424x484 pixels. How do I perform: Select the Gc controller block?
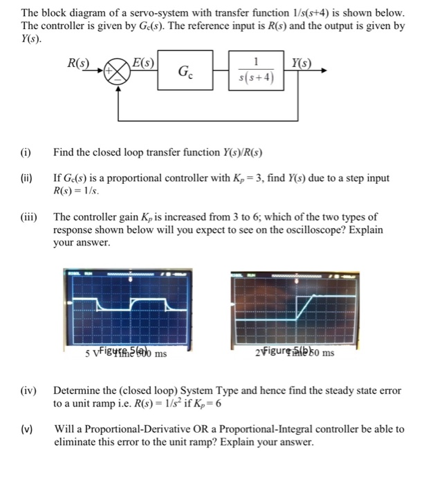pos(185,71)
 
